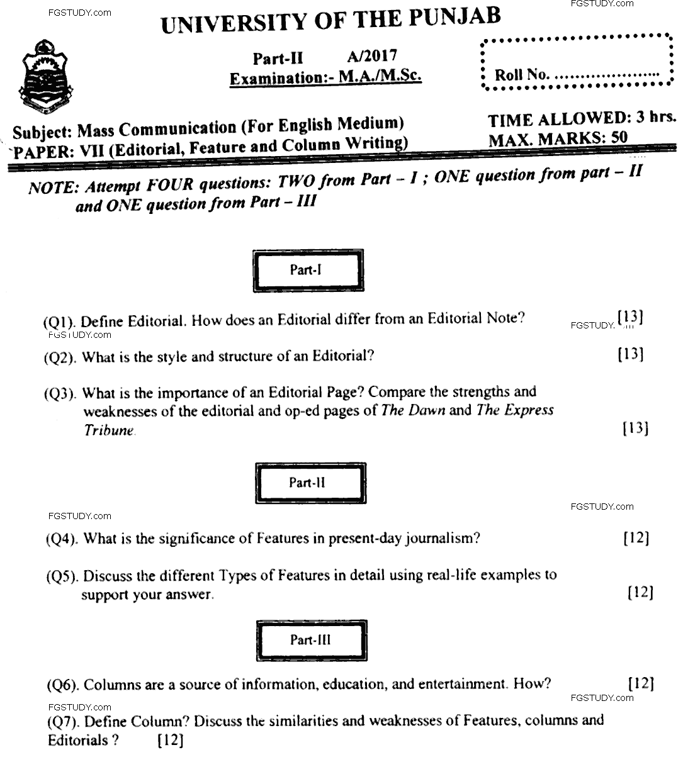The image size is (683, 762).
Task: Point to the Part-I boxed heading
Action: pyautogui.click(x=307, y=270)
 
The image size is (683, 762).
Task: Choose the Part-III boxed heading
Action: pyautogui.click(x=310, y=640)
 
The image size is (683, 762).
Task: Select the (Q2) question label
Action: pyautogui.click(x=61, y=358)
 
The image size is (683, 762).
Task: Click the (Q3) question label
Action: pyautogui.click(x=61, y=395)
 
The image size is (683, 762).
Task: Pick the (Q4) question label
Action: pyautogui.click(x=63, y=539)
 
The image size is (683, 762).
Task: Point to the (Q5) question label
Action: pyautogui.click(x=63, y=576)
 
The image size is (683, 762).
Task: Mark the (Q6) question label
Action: pyautogui.click(x=63, y=685)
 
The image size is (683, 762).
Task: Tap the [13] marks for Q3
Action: pyautogui.click(x=635, y=429)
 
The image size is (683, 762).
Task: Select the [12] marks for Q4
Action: pyautogui.click(x=636, y=539)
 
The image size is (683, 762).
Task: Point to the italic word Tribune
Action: pyautogui.click(x=109, y=431)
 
